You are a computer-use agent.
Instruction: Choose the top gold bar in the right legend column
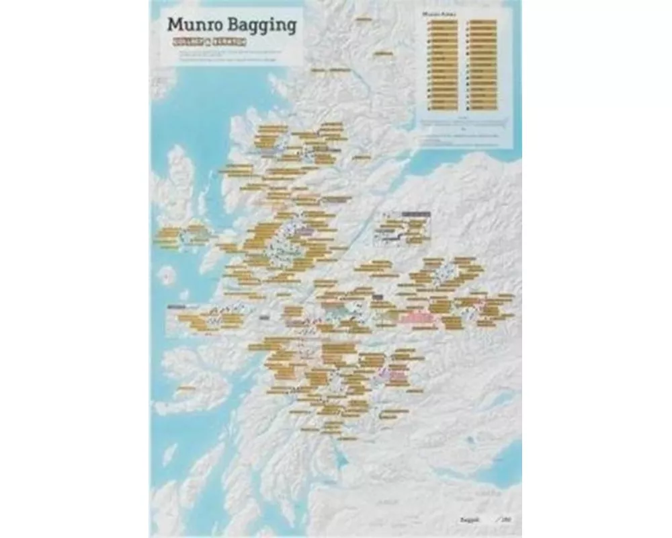coord(482,22)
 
